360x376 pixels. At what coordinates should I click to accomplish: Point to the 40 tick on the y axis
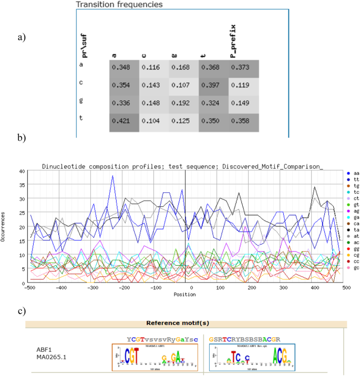[22, 171]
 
